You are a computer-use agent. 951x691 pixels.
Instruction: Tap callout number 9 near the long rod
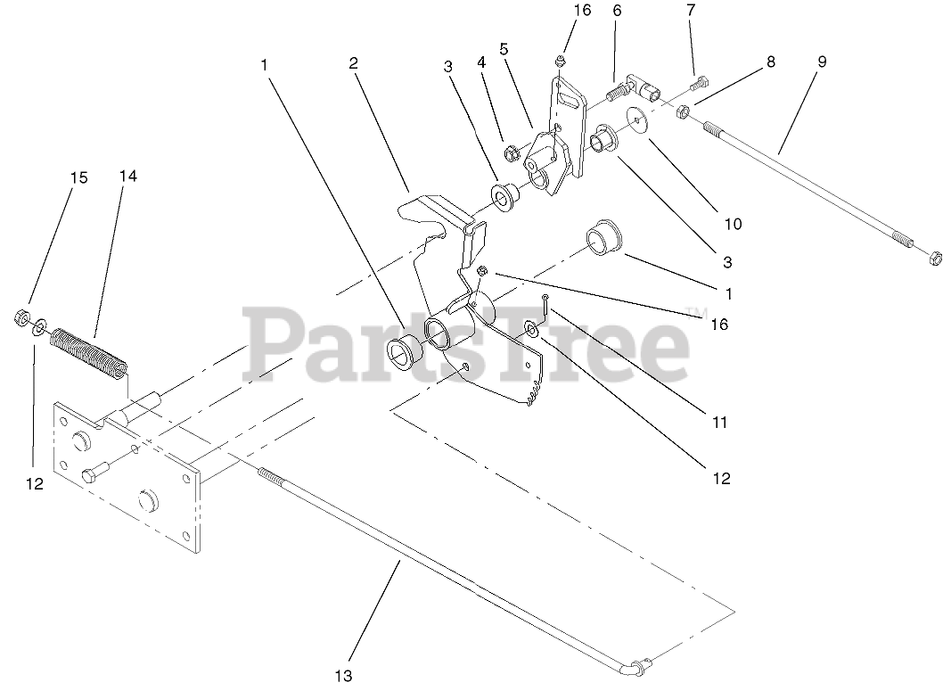click(x=821, y=62)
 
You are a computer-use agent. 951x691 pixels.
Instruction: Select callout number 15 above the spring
click(x=79, y=177)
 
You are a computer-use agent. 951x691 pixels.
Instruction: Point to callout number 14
click(x=128, y=177)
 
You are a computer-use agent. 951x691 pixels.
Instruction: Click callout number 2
click(x=354, y=63)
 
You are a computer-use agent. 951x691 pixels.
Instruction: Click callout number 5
click(x=504, y=49)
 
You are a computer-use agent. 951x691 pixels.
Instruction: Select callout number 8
click(x=771, y=62)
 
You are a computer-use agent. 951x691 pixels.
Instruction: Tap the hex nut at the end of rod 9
click(x=935, y=259)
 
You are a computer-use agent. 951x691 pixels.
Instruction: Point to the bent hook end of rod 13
click(x=637, y=665)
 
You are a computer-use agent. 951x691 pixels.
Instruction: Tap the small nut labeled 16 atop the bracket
click(x=559, y=61)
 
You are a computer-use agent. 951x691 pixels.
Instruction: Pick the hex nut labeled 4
click(x=512, y=152)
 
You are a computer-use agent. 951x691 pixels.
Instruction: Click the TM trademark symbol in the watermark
click(x=698, y=312)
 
